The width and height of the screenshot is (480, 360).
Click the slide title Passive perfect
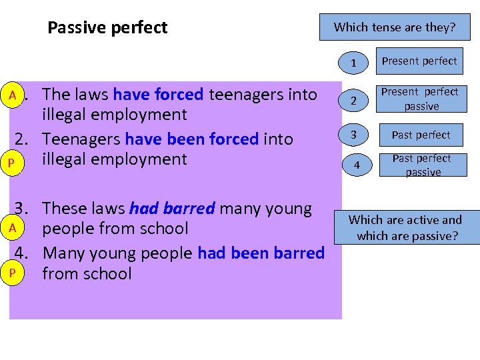[107, 28]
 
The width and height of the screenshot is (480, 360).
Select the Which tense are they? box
[395, 27]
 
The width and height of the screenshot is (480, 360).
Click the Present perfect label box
[419, 61]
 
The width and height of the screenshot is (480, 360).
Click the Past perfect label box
[421, 135]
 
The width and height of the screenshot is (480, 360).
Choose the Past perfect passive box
[421, 165]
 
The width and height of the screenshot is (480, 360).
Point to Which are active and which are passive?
[405, 228]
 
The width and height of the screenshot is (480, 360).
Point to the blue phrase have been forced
[191, 139]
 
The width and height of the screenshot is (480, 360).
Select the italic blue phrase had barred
[172, 209]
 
